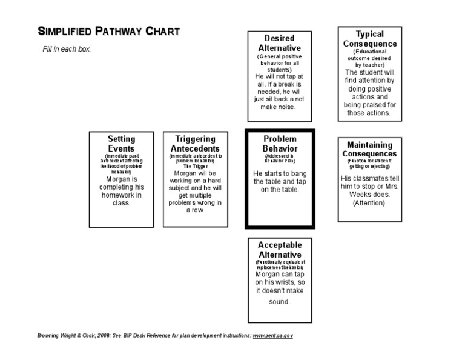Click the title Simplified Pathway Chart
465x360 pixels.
coord(109,32)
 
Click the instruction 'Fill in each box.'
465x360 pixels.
coord(66,48)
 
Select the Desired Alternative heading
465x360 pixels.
coord(279,43)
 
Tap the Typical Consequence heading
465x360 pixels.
coord(369,39)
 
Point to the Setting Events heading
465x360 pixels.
coord(122,144)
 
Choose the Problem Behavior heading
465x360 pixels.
coord(279,143)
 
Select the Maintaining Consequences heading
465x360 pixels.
coord(369,149)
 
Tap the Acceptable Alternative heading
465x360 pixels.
coord(279,250)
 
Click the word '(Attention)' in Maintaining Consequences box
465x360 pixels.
coord(369,203)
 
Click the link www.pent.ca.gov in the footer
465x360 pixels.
coord(273,335)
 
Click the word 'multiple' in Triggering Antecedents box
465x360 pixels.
coord(201,195)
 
